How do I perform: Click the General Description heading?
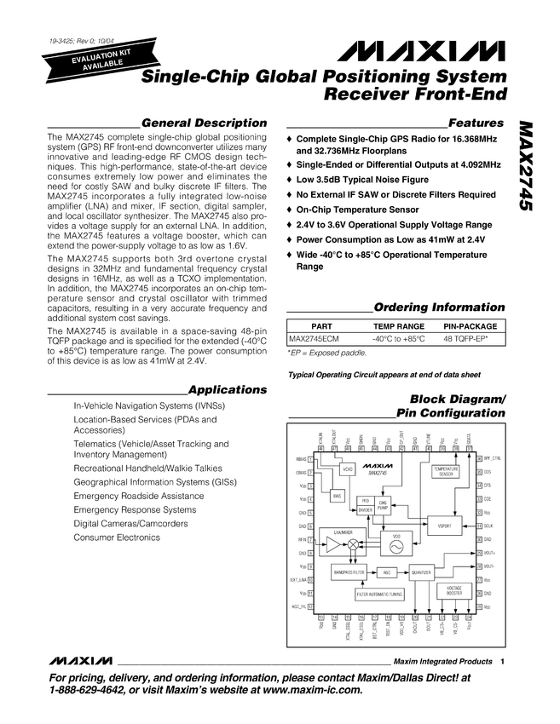(x=204, y=123)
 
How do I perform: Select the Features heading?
(x=476, y=123)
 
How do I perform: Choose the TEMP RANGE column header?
(x=398, y=326)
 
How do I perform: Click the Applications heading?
(x=227, y=389)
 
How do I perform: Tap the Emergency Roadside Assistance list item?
(x=139, y=495)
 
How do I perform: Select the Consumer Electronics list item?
(x=117, y=537)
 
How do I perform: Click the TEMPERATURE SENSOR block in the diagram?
(x=446, y=471)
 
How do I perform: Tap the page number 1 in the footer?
(x=503, y=662)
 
